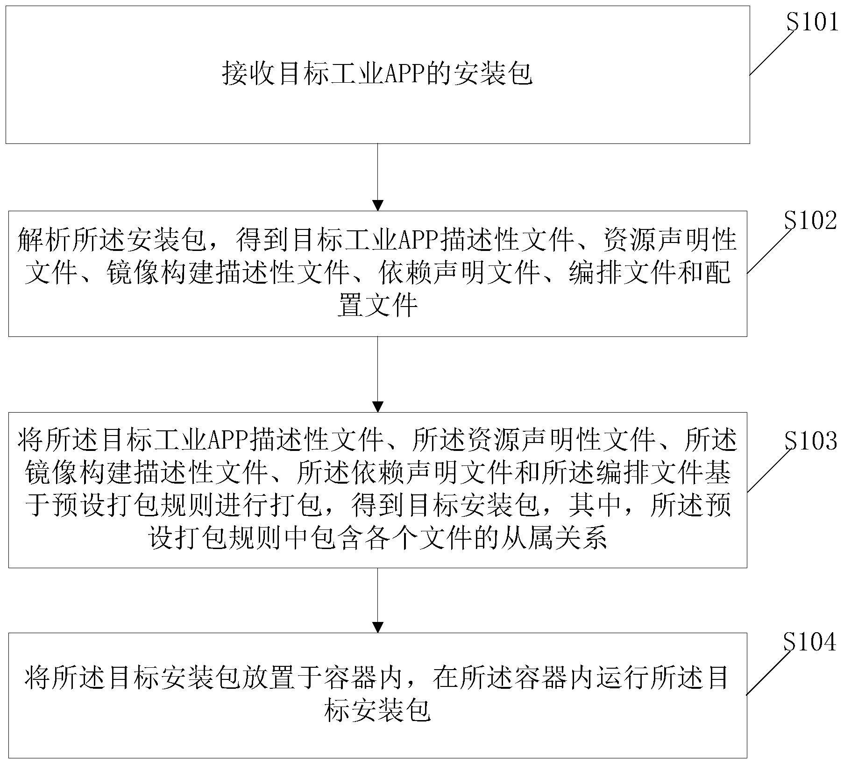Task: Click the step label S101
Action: [813, 21]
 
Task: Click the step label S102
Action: [810, 221]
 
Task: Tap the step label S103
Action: [810, 440]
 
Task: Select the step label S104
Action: [809, 642]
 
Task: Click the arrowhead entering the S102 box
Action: [377, 205]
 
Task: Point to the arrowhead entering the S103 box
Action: [377, 407]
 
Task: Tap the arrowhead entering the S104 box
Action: [377, 627]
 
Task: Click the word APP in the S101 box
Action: [403, 74]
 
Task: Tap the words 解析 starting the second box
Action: [44, 240]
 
